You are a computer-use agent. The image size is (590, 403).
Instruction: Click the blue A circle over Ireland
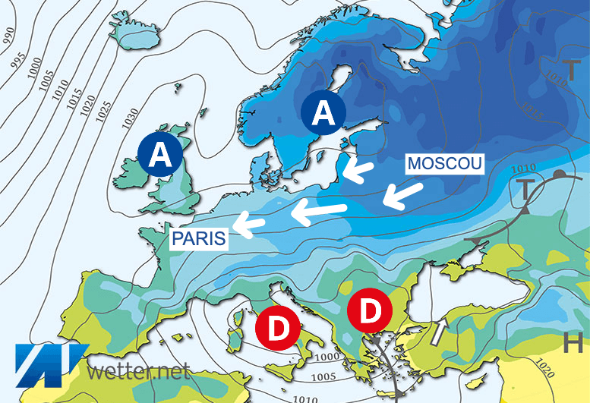pyautogui.click(x=160, y=156)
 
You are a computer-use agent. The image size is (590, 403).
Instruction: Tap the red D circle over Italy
pyautogui.click(x=279, y=327)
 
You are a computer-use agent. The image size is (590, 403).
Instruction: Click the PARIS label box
pyautogui.click(x=199, y=239)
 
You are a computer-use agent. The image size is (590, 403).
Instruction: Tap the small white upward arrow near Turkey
pyautogui.click(x=439, y=332)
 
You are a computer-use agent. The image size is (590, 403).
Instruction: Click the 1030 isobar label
pyautogui.click(x=132, y=115)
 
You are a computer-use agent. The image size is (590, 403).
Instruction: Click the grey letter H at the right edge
pyautogui.click(x=574, y=342)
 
